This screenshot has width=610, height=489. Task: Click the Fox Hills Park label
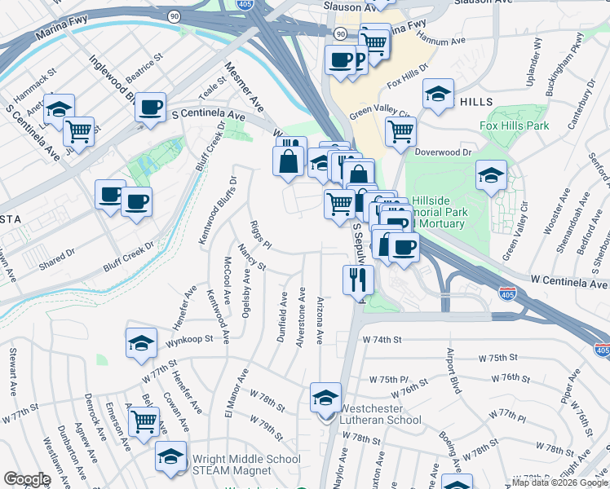[x=514, y=126]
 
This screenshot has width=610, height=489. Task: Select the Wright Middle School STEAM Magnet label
[x=245, y=465]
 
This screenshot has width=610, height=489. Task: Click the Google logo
[x=26, y=479]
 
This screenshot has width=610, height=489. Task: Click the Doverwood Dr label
[x=444, y=152]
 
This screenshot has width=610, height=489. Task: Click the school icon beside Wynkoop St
[x=141, y=343]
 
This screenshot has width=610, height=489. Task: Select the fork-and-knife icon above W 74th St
[x=358, y=280]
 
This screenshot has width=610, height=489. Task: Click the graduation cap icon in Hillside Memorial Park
[x=491, y=175]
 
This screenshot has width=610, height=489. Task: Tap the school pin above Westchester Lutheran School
[x=325, y=399]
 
